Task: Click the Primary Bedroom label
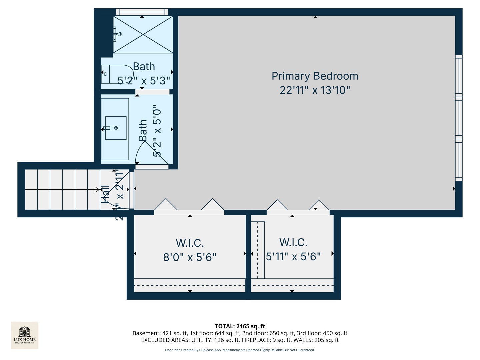[x=315, y=76]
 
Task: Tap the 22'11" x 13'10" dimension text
[x=315, y=90]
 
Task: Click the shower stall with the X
[x=143, y=34]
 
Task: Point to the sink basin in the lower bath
[x=116, y=128]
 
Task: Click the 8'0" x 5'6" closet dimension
[x=190, y=257]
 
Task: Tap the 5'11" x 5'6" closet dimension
[x=293, y=257]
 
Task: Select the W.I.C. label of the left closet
[x=190, y=243]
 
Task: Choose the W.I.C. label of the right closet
[x=293, y=242]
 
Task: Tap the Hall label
[x=105, y=194]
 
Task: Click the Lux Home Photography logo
[x=25, y=335]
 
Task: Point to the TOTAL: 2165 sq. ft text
[x=240, y=326]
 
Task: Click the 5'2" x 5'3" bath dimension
[x=144, y=81]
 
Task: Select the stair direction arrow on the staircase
[x=97, y=190]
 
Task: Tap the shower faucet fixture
[x=117, y=34]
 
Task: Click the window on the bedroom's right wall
[x=459, y=118]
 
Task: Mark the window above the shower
[x=142, y=12]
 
